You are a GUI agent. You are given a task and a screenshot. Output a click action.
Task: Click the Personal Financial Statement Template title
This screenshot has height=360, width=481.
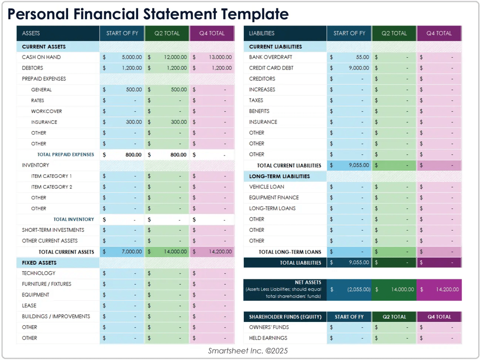click(x=148, y=14)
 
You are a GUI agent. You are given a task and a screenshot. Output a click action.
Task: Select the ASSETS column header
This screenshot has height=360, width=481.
click(x=31, y=33)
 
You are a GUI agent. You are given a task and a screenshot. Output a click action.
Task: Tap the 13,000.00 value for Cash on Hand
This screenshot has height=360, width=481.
click(x=220, y=57)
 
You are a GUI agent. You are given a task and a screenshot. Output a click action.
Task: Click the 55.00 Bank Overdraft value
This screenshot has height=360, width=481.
click(x=362, y=57)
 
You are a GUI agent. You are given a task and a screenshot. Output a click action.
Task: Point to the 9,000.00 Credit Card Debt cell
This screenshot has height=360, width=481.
click(x=358, y=68)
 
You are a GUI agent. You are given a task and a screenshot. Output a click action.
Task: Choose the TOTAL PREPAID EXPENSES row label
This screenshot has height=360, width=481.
click(x=65, y=154)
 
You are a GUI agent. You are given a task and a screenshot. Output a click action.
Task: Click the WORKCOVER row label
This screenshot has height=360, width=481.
click(x=47, y=111)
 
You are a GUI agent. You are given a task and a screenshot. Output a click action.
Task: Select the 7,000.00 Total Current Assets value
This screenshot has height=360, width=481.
click(x=132, y=252)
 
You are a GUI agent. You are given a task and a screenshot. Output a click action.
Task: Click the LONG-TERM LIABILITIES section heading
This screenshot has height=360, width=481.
click(x=279, y=176)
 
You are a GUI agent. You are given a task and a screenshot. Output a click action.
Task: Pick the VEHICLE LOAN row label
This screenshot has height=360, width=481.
click(x=266, y=187)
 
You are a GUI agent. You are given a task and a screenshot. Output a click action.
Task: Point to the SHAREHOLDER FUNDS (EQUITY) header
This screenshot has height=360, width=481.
click(x=282, y=317)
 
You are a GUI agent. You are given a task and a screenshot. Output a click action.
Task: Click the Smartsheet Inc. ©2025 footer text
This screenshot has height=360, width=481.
click(x=248, y=351)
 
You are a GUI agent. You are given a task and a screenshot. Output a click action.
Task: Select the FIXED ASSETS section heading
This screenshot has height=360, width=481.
click(x=39, y=263)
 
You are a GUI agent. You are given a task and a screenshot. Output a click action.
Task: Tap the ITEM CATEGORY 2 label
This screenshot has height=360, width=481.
click(x=52, y=187)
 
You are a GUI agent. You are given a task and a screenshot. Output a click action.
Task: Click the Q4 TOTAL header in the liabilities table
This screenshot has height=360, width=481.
click(x=439, y=33)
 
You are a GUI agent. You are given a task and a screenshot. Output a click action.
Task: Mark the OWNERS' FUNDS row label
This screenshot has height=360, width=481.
click(x=269, y=327)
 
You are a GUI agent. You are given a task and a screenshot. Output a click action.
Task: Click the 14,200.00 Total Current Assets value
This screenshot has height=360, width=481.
click(x=220, y=252)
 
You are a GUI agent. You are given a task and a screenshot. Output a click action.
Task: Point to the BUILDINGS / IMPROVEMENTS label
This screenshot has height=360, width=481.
click(x=56, y=316)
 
